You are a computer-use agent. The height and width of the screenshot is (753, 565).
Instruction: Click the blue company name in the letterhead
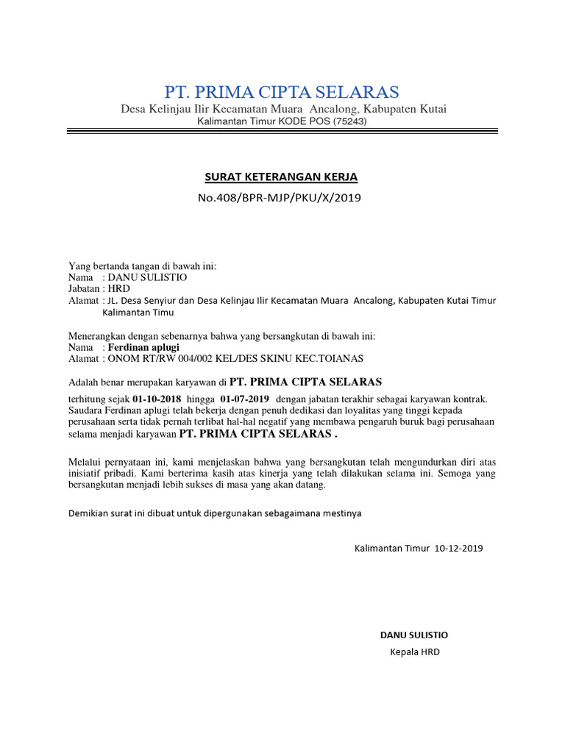(282, 92)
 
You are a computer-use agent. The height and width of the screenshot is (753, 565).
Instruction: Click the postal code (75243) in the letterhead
(349, 121)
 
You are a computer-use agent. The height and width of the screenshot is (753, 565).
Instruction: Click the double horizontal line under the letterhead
(282, 132)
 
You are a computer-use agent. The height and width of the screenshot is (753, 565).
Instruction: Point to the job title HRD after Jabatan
(118, 289)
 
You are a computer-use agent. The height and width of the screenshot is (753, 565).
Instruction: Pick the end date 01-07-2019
(245, 399)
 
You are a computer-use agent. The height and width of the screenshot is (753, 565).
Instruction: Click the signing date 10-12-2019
(460, 548)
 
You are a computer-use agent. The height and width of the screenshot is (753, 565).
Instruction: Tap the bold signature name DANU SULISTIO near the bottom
(413, 635)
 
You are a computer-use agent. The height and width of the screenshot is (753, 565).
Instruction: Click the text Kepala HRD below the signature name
(415, 652)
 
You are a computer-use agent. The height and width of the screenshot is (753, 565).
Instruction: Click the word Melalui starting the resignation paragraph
(85, 461)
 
